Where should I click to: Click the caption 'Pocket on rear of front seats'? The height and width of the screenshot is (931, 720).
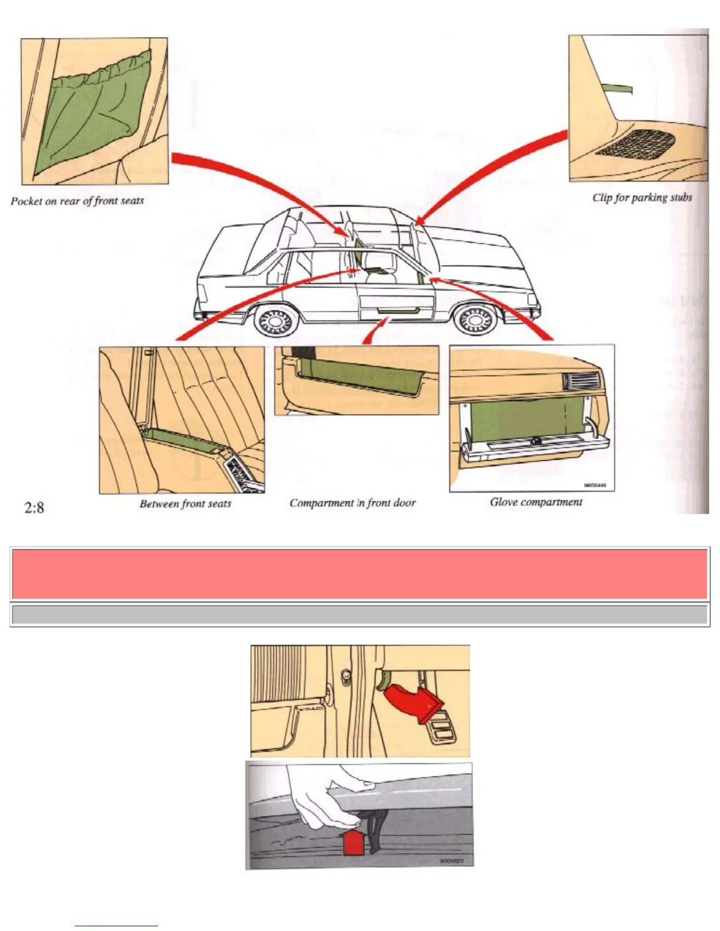(x=77, y=201)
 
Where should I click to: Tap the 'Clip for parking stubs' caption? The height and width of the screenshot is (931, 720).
(x=642, y=197)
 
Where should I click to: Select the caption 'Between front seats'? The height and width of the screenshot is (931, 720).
(x=185, y=504)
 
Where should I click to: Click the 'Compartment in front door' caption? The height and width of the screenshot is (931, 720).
(x=352, y=503)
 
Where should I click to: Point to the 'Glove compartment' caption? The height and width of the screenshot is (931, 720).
(x=536, y=502)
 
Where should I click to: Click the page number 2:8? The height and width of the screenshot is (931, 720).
(x=34, y=507)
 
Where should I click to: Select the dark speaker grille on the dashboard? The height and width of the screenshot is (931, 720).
(x=634, y=144)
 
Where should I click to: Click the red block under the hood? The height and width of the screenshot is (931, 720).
(x=353, y=842)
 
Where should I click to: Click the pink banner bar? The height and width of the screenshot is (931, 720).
(x=359, y=574)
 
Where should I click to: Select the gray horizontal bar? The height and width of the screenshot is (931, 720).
(x=359, y=615)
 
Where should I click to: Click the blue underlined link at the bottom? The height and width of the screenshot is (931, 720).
(x=116, y=926)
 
